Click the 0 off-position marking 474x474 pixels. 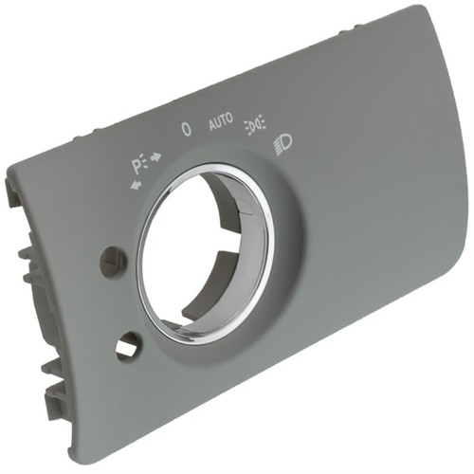[187, 129]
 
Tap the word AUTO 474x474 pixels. [221, 121]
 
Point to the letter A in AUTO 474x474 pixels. [212, 125]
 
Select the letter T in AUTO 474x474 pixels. [224, 120]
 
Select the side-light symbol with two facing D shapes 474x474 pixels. [255, 125]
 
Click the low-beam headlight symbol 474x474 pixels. [283, 145]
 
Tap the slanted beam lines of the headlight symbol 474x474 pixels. [278, 148]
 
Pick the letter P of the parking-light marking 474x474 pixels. [137, 167]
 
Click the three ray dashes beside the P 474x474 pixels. [145, 161]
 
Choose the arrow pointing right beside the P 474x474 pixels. [156, 156]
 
